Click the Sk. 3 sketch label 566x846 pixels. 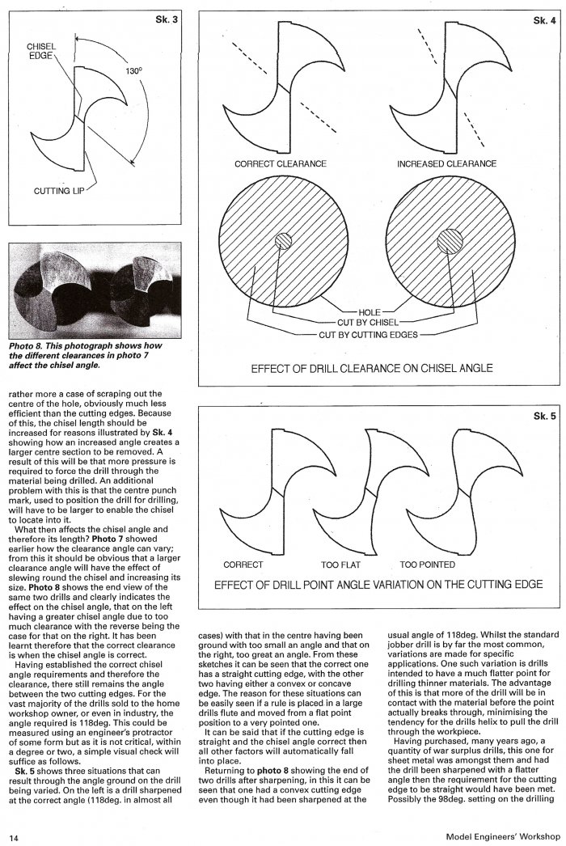[166, 19]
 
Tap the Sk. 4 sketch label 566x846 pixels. [544, 20]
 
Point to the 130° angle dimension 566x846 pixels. [133, 70]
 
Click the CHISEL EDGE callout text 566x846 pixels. [41, 51]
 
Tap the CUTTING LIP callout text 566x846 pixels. [59, 191]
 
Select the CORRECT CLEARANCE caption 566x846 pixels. [281, 163]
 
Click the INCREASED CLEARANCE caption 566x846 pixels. [447, 163]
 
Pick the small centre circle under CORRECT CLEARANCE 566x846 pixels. [283, 240]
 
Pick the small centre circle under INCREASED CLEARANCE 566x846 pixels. [450, 240]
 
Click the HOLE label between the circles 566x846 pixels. [370, 312]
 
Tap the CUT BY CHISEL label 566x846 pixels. [368, 323]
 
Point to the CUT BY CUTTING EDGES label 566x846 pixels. [368, 335]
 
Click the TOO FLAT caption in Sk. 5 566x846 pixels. [340, 565]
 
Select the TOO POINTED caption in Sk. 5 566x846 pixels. [428, 565]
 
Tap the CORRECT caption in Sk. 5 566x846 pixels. [243, 565]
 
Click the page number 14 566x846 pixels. [14, 837]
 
